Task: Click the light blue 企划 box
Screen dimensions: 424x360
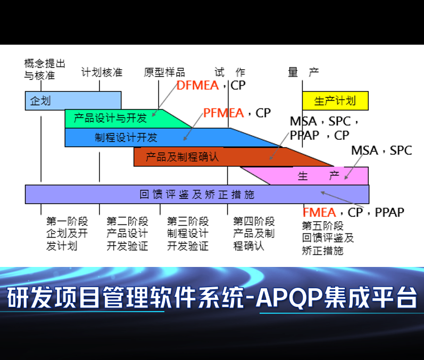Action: click(x=73, y=101)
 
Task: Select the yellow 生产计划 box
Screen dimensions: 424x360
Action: click(x=335, y=101)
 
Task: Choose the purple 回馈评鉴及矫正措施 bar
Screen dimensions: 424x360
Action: click(x=197, y=194)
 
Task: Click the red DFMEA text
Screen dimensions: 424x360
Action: click(x=197, y=85)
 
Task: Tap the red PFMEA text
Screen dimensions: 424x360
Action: click(x=223, y=113)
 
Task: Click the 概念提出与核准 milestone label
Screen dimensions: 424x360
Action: click(x=45, y=70)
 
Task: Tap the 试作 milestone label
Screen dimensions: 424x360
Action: click(x=230, y=72)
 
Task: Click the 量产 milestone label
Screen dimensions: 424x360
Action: click(x=303, y=72)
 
